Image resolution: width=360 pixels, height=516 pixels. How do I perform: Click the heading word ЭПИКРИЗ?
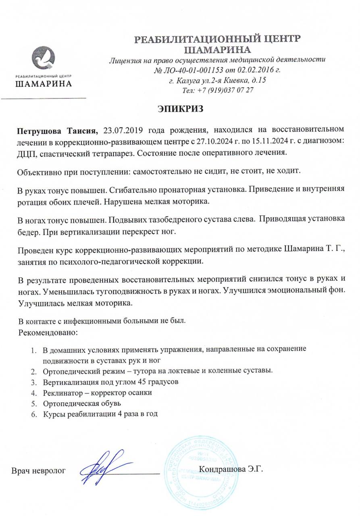tap(180, 109)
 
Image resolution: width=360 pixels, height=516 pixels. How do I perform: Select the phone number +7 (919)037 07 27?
tap(225, 89)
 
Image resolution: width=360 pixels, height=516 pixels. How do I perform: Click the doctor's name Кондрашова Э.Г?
tap(231, 469)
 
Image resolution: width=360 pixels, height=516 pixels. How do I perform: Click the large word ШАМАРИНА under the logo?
tap(44, 84)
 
